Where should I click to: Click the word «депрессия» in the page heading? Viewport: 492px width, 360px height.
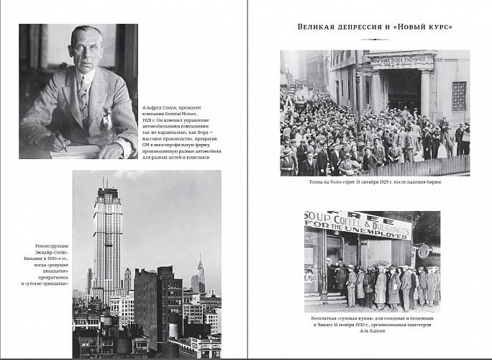point(355,27)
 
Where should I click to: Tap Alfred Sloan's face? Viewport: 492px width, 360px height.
point(86,48)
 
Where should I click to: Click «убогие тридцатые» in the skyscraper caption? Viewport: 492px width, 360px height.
point(49,283)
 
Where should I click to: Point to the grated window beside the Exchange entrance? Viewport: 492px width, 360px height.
point(459,95)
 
